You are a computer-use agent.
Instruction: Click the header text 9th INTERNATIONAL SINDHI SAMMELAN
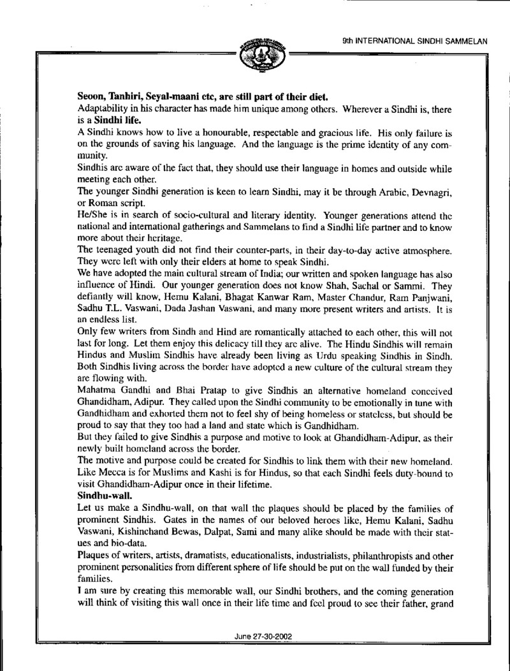point(415,40)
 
